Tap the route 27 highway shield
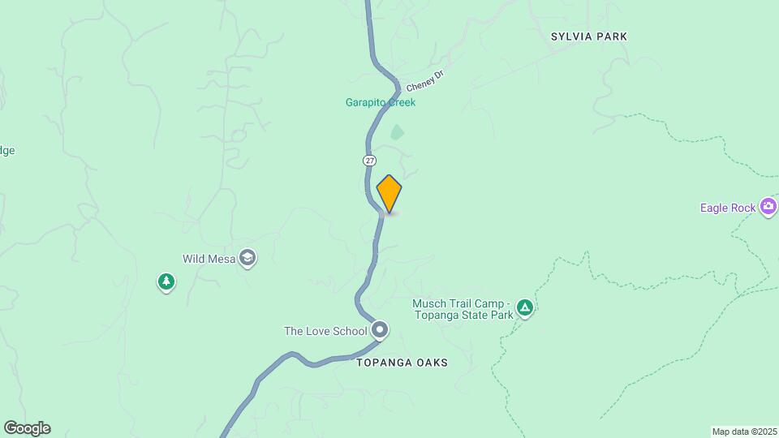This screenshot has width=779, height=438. tap(369, 161)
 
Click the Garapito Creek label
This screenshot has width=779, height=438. tap(381, 103)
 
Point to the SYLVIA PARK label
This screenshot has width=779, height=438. tap(589, 36)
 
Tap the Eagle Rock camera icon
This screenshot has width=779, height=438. tap(768, 208)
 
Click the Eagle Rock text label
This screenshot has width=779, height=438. tap(728, 208)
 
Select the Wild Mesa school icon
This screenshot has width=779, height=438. tap(247, 259)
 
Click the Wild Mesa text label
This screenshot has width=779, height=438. tap(209, 259)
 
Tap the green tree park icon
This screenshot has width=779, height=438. tap(166, 282)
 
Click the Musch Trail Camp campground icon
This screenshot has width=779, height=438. tap(525, 308)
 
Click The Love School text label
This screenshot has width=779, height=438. tap(325, 331)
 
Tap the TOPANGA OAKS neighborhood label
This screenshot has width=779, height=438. tap(402, 363)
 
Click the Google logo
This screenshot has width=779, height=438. tap(27, 428)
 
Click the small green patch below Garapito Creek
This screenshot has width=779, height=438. tap(397, 131)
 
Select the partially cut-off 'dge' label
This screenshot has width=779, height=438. tap(6, 150)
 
